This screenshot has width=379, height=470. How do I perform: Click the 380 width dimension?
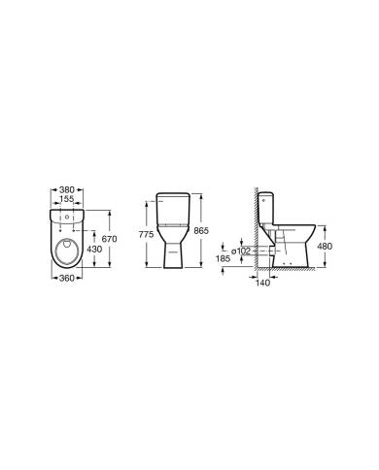click(67, 189)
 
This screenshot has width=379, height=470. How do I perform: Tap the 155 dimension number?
click(67, 199)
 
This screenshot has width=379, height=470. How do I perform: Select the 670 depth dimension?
click(109, 239)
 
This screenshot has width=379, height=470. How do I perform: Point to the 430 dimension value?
click(94, 249)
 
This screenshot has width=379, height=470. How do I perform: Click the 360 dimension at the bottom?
click(67, 278)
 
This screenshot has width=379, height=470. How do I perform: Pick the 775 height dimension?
click(146, 235)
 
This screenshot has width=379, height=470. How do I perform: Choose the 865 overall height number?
click(201, 231)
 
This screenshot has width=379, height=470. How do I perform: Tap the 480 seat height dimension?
click(325, 247)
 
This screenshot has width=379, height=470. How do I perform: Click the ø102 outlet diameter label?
click(241, 251)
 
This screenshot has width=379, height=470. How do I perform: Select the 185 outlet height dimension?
click(223, 258)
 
